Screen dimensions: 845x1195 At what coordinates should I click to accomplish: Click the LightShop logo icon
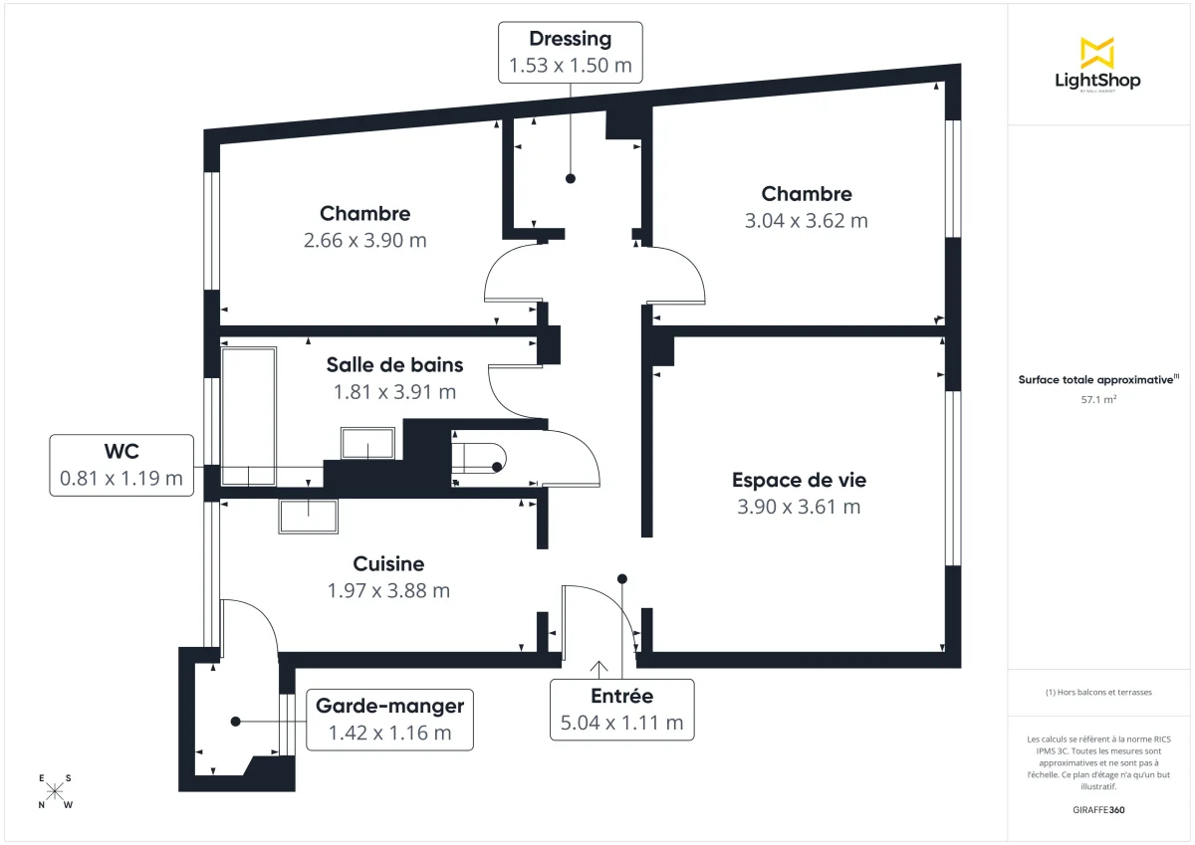tap(1097, 53)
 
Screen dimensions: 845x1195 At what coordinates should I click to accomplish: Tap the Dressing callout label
tap(570, 53)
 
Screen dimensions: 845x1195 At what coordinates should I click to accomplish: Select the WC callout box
tap(121, 465)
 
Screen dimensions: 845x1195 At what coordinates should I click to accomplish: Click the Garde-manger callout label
tap(389, 719)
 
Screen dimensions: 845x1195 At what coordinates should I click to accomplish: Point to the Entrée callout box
tap(621, 709)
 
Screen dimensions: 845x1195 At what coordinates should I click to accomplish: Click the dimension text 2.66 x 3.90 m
tap(364, 240)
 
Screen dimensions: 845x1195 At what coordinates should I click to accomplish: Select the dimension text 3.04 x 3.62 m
tap(806, 221)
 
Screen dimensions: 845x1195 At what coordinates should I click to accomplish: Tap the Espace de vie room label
tap(799, 480)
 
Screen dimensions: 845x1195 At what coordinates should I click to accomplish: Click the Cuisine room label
tap(388, 563)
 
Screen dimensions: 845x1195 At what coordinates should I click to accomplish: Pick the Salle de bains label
tap(394, 365)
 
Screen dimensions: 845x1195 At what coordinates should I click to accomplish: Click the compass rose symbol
tap(56, 791)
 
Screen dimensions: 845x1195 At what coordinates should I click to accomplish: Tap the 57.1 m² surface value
tap(1097, 400)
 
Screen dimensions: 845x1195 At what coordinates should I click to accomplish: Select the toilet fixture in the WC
tap(479, 457)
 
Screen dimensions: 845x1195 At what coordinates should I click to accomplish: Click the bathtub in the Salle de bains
tap(249, 416)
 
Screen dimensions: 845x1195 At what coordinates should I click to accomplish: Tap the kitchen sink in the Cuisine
tap(308, 517)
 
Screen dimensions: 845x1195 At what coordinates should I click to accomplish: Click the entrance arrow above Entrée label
tap(599, 667)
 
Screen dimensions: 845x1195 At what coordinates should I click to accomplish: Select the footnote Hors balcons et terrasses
tap(1097, 692)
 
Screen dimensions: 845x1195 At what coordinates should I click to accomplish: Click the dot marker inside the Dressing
tap(571, 179)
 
